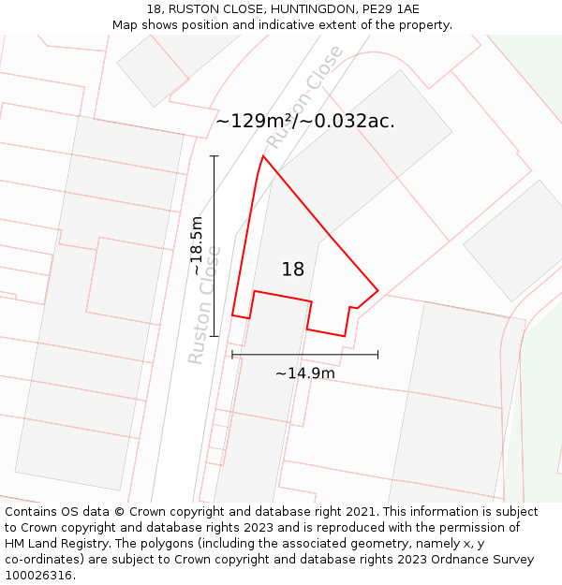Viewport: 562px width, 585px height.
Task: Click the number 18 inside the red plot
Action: (293, 270)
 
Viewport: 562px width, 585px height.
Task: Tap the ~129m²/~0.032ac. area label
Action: (305, 121)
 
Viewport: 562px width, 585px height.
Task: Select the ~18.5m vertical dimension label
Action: (197, 246)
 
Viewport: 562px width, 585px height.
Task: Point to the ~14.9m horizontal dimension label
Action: (304, 373)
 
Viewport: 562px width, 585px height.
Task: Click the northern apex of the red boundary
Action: (262, 155)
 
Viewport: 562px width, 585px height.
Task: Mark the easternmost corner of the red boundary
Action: (377, 290)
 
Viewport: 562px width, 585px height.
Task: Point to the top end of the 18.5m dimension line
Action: (214, 155)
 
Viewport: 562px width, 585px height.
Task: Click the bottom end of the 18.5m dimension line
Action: (214, 336)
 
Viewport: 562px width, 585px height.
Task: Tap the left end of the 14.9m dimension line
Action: (232, 355)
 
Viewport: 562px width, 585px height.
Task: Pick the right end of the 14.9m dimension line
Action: (377, 355)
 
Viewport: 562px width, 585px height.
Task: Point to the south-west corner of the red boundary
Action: (232, 315)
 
